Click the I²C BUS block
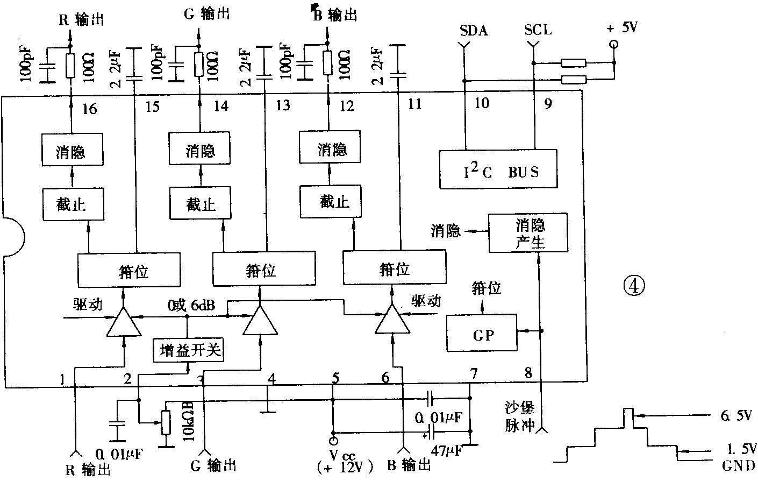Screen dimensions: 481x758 point(498,169)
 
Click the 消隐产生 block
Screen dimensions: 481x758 point(528,232)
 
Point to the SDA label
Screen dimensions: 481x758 point(474,30)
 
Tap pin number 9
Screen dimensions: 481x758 point(547,104)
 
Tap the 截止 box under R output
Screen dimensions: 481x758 point(72,204)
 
